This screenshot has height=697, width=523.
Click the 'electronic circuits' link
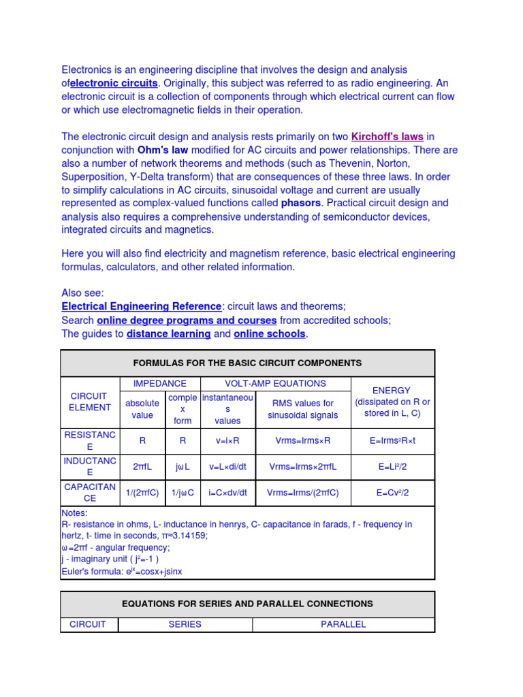click(x=114, y=83)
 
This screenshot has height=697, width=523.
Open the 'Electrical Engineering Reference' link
click(x=142, y=306)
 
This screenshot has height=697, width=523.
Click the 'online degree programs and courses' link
click(x=187, y=320)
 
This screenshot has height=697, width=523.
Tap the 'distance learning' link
click(x=168, y=334)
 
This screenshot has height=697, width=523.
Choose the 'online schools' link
click(x=270, y=334)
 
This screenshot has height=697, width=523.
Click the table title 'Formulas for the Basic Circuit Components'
click(x=247, y=363)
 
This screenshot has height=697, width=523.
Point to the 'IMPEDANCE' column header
click(x=159, y=384)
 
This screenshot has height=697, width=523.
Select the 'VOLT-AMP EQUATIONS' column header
click(x=276, y=384)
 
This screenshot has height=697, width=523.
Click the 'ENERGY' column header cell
click(x=392, y=402)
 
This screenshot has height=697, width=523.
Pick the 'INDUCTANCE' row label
click(x=89, y=466)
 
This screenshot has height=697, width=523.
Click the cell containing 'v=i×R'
click(x=227, y=440)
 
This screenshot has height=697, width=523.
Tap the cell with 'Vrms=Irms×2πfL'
click(x=303, y=466)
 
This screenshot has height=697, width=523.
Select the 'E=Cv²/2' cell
click(x=392, y=493)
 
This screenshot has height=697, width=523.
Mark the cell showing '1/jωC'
click(x=183, y=493)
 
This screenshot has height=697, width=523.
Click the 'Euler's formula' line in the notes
click(x=122, y=571)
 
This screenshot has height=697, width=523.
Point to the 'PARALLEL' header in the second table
click(x=343, y=624)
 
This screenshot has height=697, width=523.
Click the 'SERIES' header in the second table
click(x=185, y=624)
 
